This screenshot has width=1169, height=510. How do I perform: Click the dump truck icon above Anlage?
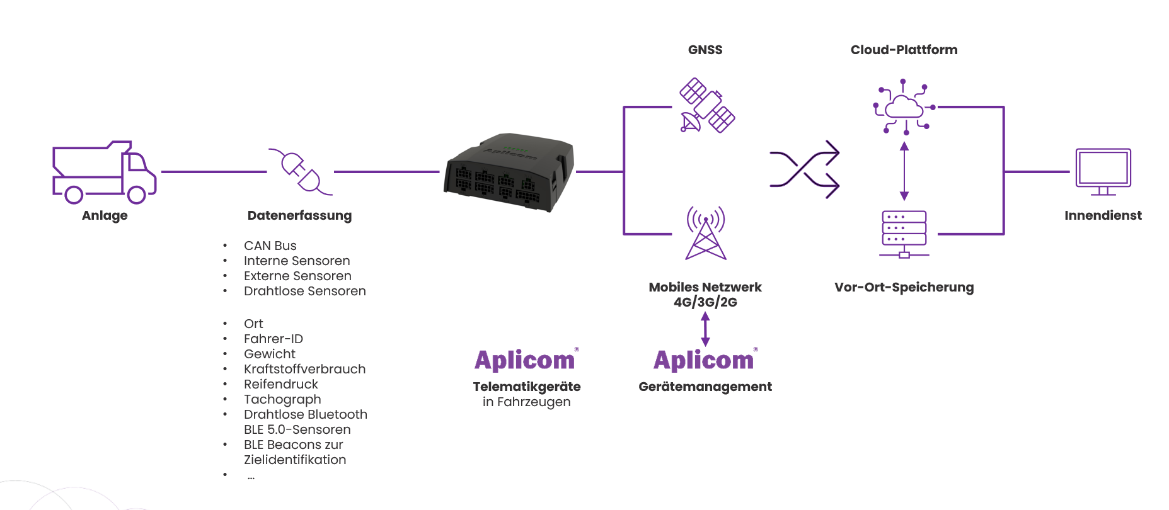point(104,173)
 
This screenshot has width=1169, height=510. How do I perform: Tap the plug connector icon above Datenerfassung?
point(301,172)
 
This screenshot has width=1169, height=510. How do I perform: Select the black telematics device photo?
point(509,171)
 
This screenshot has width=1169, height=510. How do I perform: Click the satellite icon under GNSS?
point(707,105)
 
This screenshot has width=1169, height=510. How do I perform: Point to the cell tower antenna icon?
point(706,233)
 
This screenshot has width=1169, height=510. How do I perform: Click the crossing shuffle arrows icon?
point(805,169)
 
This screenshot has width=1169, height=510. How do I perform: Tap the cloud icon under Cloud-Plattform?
point(904,107)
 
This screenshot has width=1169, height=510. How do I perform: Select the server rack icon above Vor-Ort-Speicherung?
point(904,234)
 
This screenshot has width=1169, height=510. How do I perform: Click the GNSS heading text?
point(705,50)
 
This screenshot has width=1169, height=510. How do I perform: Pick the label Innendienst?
point(1103,215)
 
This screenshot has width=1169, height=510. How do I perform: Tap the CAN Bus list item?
point(270,246)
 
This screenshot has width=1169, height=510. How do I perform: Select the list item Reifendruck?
point(280,384)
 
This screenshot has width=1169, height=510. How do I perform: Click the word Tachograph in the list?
point(282,399)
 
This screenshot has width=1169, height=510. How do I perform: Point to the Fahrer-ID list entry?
point(274,339)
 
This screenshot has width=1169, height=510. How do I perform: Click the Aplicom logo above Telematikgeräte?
point(525,360)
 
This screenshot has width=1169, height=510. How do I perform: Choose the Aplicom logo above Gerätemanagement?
point(704,360)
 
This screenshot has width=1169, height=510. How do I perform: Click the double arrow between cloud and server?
point(904,171)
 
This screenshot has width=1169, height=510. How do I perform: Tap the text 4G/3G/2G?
point(705,302)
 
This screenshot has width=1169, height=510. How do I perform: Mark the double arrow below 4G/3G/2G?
point(705,329)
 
